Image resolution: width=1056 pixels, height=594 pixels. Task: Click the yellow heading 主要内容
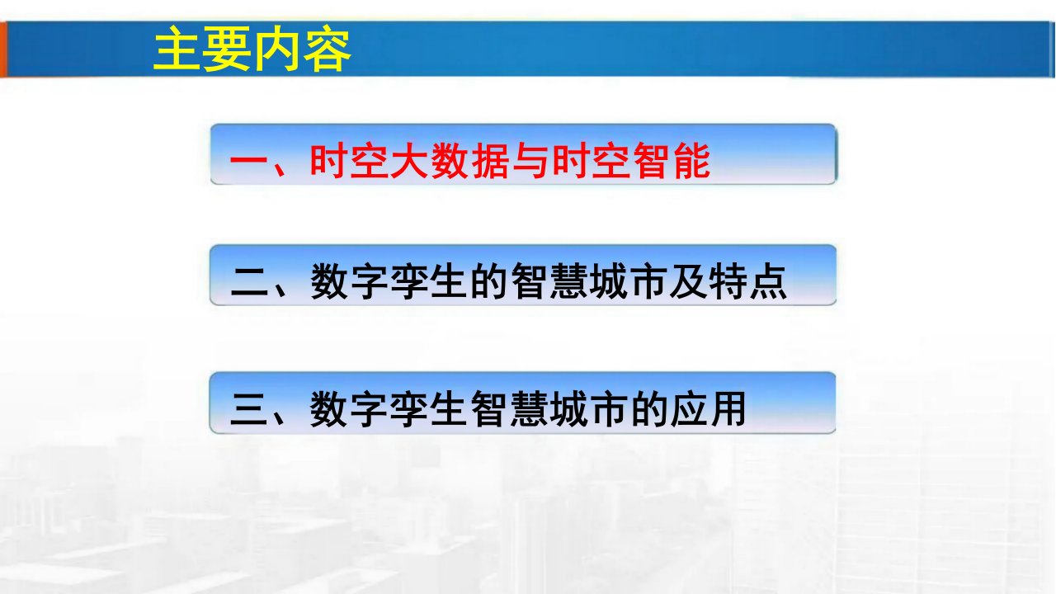pyautogui.click(x=252, y=49)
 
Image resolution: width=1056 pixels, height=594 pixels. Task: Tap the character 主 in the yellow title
pyautogui.click(x=177, y=49)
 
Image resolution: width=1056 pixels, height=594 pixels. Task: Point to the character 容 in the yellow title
pyautogui.click(x=328, y=49)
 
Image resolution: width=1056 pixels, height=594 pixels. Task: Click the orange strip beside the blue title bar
pyautogui.click(x=3, y=49)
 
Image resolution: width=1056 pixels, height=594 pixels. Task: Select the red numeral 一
pyautogui.click(x=249, y=162)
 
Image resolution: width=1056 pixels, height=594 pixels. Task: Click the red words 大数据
pyautogui.click(x=450, y=161)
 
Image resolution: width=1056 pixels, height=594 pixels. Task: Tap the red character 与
pyautogui.click(x=530, y=161)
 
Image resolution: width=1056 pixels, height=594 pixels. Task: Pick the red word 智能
pyautogui.click(x=671, y=161)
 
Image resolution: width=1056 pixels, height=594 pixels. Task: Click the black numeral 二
pyautogui.click(x=249, y=281)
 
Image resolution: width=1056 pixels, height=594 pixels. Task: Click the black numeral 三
pyautogui.click(x=249, y=409)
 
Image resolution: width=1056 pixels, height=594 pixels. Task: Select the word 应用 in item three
pyautogui.click(x=708, y=409)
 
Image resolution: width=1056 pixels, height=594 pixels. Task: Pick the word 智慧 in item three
pyautogui.click(x=509, y=409)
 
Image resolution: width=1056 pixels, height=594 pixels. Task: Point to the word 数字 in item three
pyautogui.click(x=349, y=409)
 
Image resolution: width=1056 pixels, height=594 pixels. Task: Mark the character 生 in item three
pyautogui.click(x=449, y=409)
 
